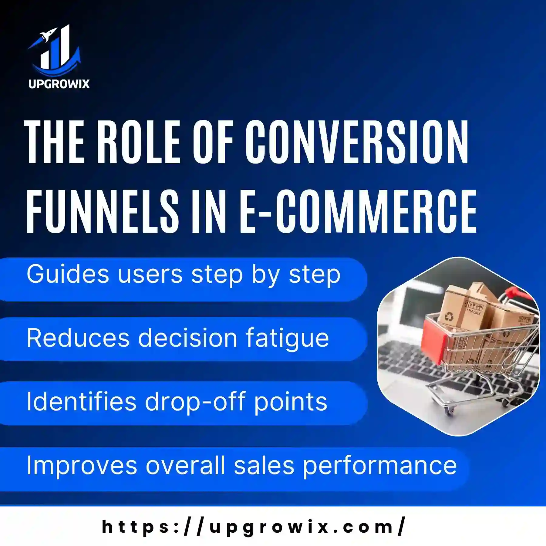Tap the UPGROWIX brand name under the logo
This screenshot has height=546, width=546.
click(59, 84)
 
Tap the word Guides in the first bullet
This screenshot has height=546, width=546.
click(68, 274)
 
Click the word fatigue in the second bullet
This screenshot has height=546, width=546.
click(287, 338)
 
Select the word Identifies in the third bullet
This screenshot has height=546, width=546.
click(82, 402)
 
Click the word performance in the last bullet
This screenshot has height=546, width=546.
click(380, 465)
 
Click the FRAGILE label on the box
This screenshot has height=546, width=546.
click(474, 311)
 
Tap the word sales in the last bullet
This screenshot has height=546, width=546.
click(264, 465)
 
